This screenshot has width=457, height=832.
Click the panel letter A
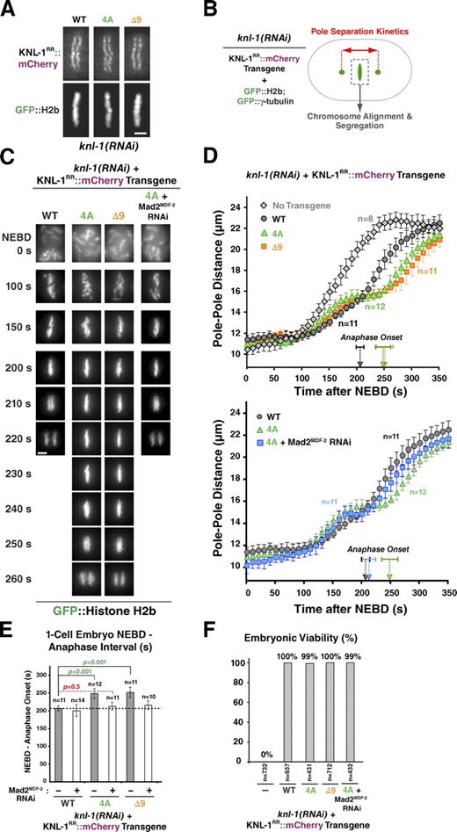pos(9,9)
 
